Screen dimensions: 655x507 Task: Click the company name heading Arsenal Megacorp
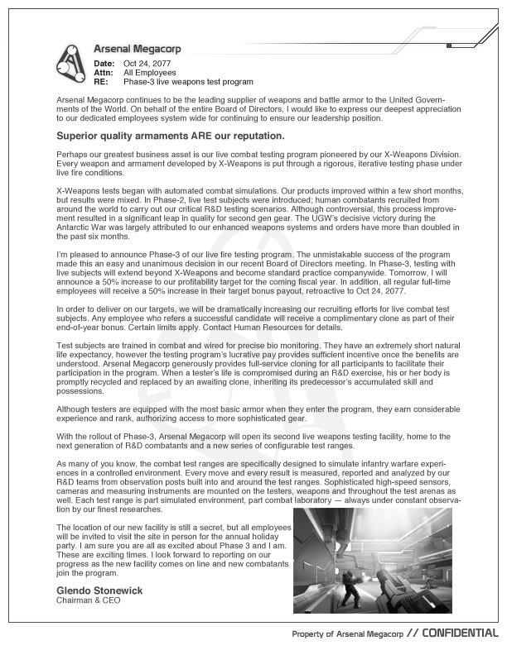point(137,50)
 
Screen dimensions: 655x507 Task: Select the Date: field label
point(104,64)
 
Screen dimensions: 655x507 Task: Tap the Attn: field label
point(104,73)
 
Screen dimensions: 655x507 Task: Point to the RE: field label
point(101,82)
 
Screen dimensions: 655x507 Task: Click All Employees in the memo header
point(151,73)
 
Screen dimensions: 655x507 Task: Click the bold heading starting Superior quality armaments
point(170,135)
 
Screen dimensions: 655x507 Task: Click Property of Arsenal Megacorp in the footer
point(347,633)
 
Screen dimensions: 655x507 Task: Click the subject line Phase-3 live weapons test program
point(188,82)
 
